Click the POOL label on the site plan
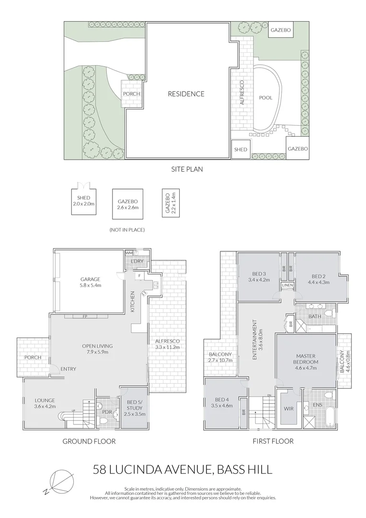pyautogui.click(x=266, y=98)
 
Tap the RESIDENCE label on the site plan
pyautogui.click(x=186, y=94)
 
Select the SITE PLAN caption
pyautogui.click(x=187, y=169)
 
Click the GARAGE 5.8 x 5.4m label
pyautogui.click(x=90, y=282)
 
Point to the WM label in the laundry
pyautogui.click(x=129, y=253)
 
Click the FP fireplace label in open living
pyautogui.click(x=85, y=316)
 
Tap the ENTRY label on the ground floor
pyautogui.click(x=69, y=369)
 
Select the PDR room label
pyautogui.click(x=107, y=412)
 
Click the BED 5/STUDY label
pyautogui.click(x=134, y=408)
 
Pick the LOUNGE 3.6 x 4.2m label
pyautogui.click(x=45, y=403)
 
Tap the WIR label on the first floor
pyautogui.click(x=289, y=409)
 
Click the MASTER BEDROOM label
pyautogui.click(x=306, y=362)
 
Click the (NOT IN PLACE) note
pyautogui.click(x=127, y=230)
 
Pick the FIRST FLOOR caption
pyautogui.click(x=273, y=441)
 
